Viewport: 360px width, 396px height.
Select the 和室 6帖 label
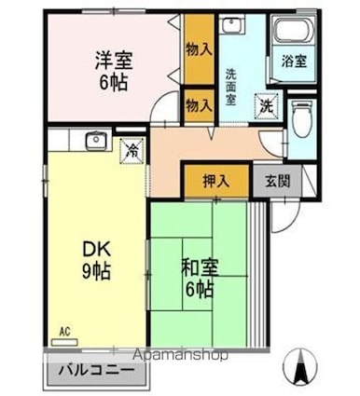coord(198,278)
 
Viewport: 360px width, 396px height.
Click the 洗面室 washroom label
coord(231,85)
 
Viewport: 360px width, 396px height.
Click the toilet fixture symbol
coord(300,118)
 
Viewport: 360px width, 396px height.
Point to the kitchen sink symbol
coord(95,142)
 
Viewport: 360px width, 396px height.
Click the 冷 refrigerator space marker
coord(131,146)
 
